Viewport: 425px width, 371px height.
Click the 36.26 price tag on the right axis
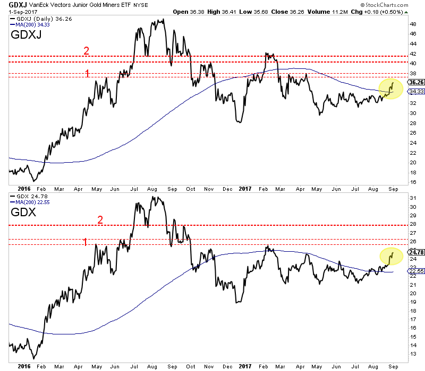click(414, 83)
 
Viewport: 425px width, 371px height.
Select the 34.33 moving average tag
click(414, 92)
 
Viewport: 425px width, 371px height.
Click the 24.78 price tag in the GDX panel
click(414, 252)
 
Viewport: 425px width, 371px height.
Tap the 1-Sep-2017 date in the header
click(16, 12)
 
